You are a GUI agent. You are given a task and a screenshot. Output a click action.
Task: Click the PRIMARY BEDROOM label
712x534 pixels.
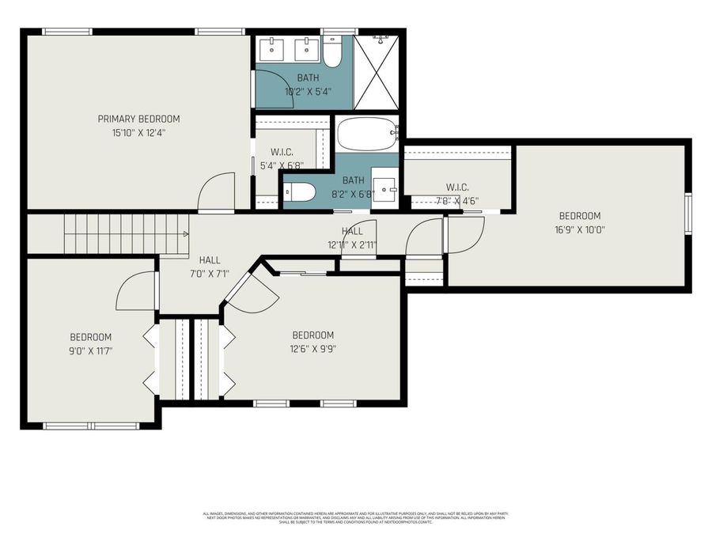138,119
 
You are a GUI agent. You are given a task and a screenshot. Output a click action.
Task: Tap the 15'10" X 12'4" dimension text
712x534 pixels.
138,133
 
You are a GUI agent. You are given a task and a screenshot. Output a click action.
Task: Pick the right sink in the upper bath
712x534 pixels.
305,48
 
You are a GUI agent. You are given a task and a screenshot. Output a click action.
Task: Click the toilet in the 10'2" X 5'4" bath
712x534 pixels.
332,51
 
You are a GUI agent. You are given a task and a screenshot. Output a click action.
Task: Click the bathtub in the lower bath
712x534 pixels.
366,134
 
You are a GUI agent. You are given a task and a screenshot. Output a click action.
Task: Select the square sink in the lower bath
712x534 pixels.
385,188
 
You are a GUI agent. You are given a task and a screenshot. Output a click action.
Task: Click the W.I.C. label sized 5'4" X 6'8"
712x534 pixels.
282,152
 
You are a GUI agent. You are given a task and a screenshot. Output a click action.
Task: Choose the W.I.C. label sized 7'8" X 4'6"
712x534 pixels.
457,187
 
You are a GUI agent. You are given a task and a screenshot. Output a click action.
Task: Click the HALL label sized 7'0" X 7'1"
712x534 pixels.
210,259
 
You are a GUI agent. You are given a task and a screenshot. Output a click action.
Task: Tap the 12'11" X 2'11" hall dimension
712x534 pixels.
353,244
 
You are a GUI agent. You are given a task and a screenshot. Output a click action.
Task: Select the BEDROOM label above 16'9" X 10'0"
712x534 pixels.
580,216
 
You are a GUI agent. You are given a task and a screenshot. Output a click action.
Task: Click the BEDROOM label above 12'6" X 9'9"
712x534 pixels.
313,335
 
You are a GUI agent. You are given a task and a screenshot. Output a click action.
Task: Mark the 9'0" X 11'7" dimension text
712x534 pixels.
91,350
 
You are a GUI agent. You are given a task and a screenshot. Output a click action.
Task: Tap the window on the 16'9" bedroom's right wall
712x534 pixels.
688,215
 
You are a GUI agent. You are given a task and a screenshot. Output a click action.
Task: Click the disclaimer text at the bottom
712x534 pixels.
356,517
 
